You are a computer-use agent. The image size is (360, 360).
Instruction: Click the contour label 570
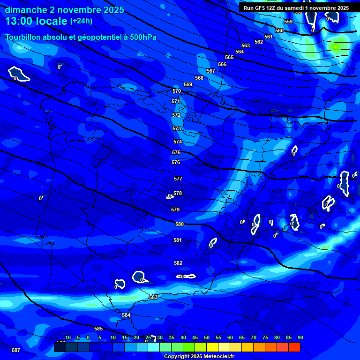pos(177,91)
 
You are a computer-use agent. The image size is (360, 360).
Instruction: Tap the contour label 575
pos(176,152)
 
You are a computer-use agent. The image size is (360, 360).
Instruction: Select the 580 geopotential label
pos(180,225)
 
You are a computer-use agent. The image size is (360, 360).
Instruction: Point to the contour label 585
pos(98,329)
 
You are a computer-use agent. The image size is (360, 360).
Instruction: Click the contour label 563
pos(246,45)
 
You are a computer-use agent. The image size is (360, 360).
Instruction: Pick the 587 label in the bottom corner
pos(16,350)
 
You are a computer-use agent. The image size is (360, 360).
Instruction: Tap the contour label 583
pos(153,297)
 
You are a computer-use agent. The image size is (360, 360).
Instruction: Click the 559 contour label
pos(288,22)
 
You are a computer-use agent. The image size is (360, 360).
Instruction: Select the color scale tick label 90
pos(300,338)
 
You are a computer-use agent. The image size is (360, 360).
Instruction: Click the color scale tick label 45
pos(195,338)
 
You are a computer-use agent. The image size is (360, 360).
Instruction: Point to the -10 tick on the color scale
pos(67,338)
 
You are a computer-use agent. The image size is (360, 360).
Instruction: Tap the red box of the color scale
pos(294,347)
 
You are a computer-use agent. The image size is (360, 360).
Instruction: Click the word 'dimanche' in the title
pos(21,10)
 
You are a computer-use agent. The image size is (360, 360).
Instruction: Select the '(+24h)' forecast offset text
pos(81,21)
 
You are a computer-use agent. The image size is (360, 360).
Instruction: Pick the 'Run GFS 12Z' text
pos(261,8)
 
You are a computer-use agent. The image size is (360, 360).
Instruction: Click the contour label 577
pos(178,179)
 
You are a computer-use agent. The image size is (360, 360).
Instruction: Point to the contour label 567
pos(211,71)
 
